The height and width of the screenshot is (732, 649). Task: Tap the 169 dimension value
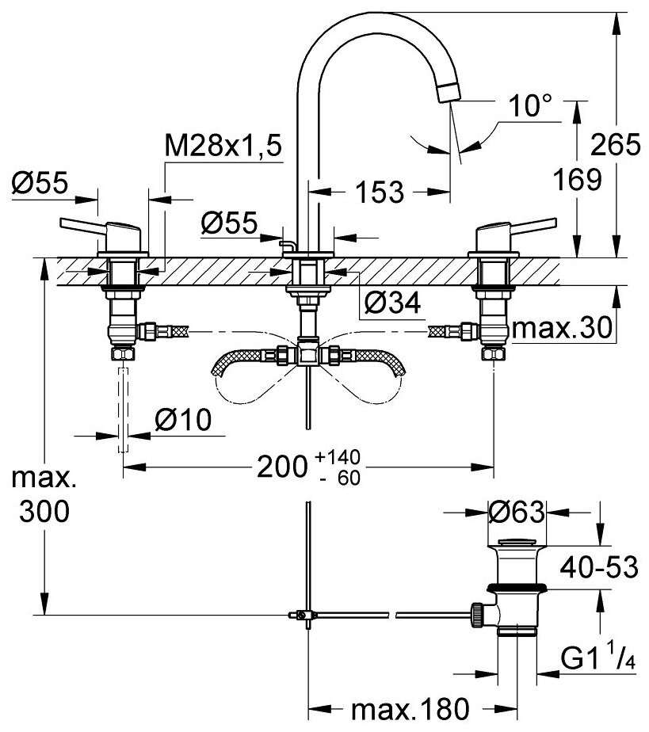576,181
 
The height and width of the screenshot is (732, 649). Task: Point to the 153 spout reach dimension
378,191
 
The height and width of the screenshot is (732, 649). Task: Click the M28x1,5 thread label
223,147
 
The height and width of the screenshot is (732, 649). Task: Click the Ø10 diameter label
185,421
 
